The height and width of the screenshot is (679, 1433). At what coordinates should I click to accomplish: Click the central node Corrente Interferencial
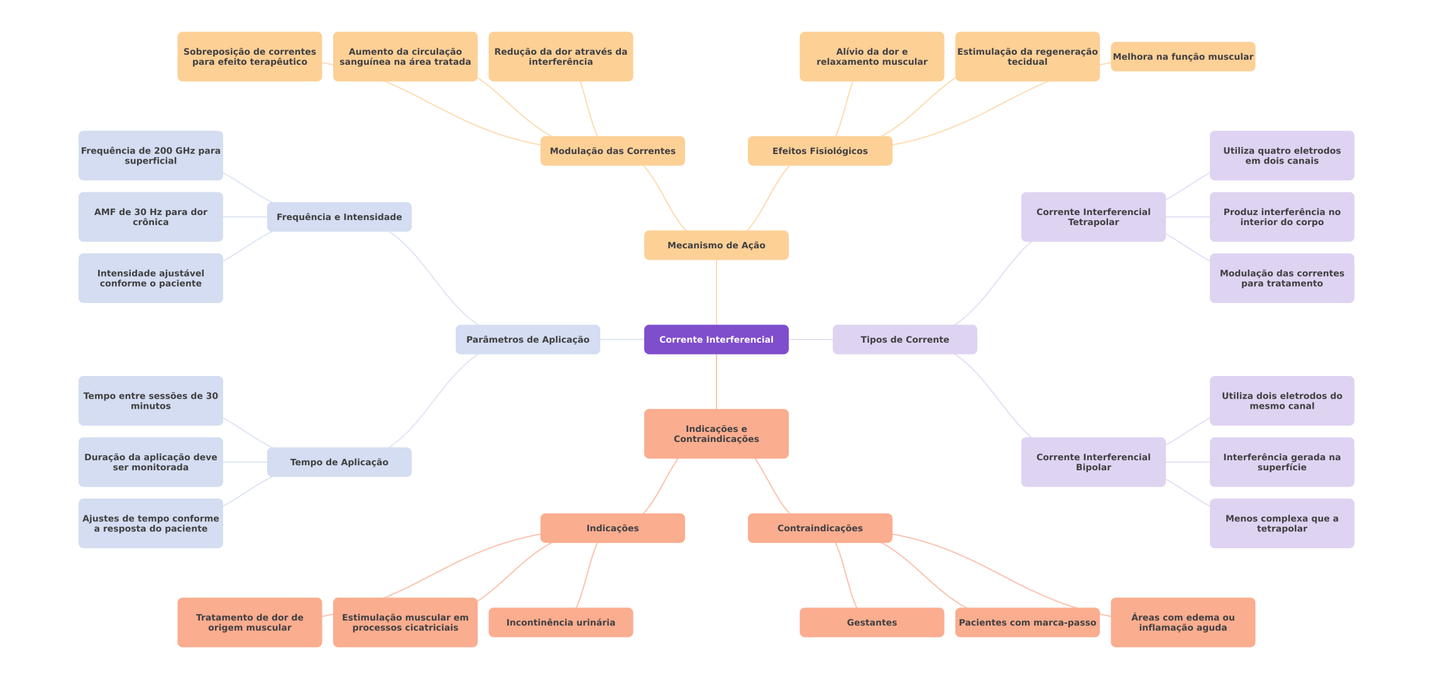pos(716,339)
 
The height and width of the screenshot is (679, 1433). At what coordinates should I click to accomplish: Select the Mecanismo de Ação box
pos(716,245)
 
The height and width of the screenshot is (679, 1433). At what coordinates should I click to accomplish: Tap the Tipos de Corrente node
pos(904,339)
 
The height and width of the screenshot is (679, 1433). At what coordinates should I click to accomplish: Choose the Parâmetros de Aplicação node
pos(527,339)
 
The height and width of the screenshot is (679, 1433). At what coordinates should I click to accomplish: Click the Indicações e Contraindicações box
pos(716,434)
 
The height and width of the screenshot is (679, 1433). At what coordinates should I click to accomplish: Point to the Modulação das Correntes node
pos(612,151)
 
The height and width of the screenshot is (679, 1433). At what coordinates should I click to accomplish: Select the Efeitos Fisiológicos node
pos(820,151)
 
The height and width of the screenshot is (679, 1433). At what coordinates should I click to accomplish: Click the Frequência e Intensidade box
pos(339,217)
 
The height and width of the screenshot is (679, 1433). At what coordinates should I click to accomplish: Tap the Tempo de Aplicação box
pos(339,462)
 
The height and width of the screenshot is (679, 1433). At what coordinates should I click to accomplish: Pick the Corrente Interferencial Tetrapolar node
pos(1093,217)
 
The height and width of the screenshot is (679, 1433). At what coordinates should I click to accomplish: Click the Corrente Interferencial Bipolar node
pos(1093,462)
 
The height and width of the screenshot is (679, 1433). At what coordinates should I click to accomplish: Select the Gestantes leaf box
pos(871,622)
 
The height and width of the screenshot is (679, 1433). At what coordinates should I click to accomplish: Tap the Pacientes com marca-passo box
pos(1027,622)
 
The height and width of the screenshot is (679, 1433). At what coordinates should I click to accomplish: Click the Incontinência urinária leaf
pos(560,622)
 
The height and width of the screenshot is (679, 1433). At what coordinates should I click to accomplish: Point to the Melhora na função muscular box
pos(1182,57)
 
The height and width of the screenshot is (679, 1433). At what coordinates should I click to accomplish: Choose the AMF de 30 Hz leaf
pos(150,217)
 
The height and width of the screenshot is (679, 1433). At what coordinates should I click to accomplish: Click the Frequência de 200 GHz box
pos(150,155)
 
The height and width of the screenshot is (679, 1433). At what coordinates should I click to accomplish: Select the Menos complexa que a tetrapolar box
pos(1282,523)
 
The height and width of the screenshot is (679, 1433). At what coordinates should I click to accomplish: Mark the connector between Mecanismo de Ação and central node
pos(716,292)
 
